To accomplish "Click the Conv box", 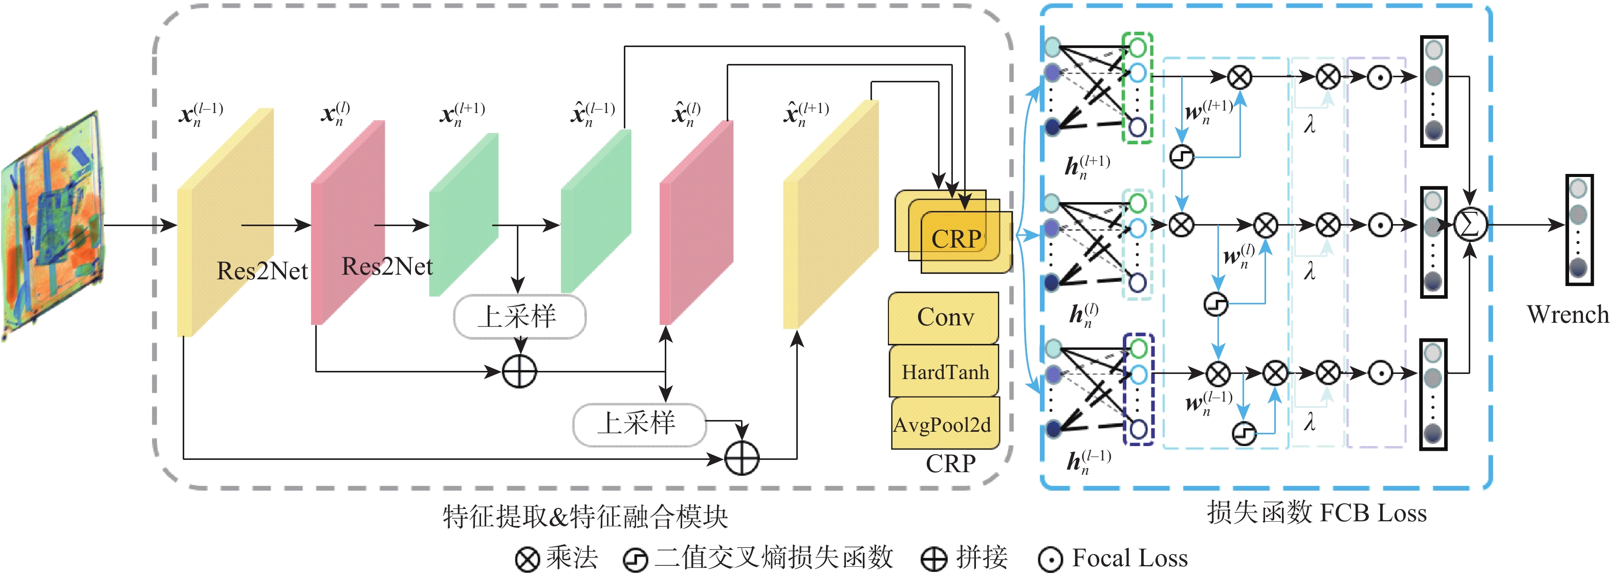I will click(944, 317).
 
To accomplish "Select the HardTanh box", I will click(944, 372).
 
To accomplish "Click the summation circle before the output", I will click(1469, 224).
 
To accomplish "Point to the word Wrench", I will click(1567, 314).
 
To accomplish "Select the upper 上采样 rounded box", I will click(519, 317).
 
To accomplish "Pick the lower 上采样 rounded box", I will click(638, 424).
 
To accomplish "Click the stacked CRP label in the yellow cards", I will click(955, 239).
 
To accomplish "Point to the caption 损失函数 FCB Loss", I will click(1317, 513).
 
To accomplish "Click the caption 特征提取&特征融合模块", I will click(585, 517).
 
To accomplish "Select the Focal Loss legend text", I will click(1129, 558).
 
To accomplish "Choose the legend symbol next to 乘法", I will click(527, 559).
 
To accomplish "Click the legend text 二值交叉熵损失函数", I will click(773, 558).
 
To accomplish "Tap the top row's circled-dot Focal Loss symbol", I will click(1379, 77).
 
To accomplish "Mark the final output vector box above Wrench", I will click(1578, 230).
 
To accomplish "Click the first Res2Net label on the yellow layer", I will click(262, 271).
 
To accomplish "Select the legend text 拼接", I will click(981, 558).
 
